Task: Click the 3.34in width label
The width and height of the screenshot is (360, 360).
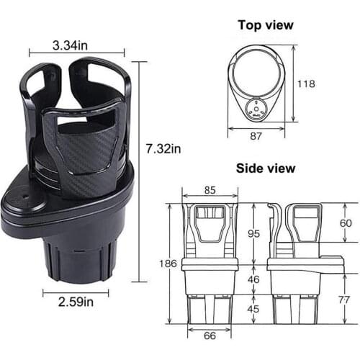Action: pos(70,45)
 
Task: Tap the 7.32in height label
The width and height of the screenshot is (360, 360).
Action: pos(163,149)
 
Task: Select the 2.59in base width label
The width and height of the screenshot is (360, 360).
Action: pos(76,302)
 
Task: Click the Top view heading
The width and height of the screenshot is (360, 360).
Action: pos(266,25)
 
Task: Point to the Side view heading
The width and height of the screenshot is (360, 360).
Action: pos(266,168)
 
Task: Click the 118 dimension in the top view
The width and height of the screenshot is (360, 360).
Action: pos(306,84)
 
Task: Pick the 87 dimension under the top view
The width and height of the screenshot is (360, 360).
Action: pos(256,136)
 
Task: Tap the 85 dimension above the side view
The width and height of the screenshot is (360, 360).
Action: pos(210,190)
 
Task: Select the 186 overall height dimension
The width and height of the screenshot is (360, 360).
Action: pos(168,264)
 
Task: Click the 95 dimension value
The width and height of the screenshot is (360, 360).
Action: pos(253,233)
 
